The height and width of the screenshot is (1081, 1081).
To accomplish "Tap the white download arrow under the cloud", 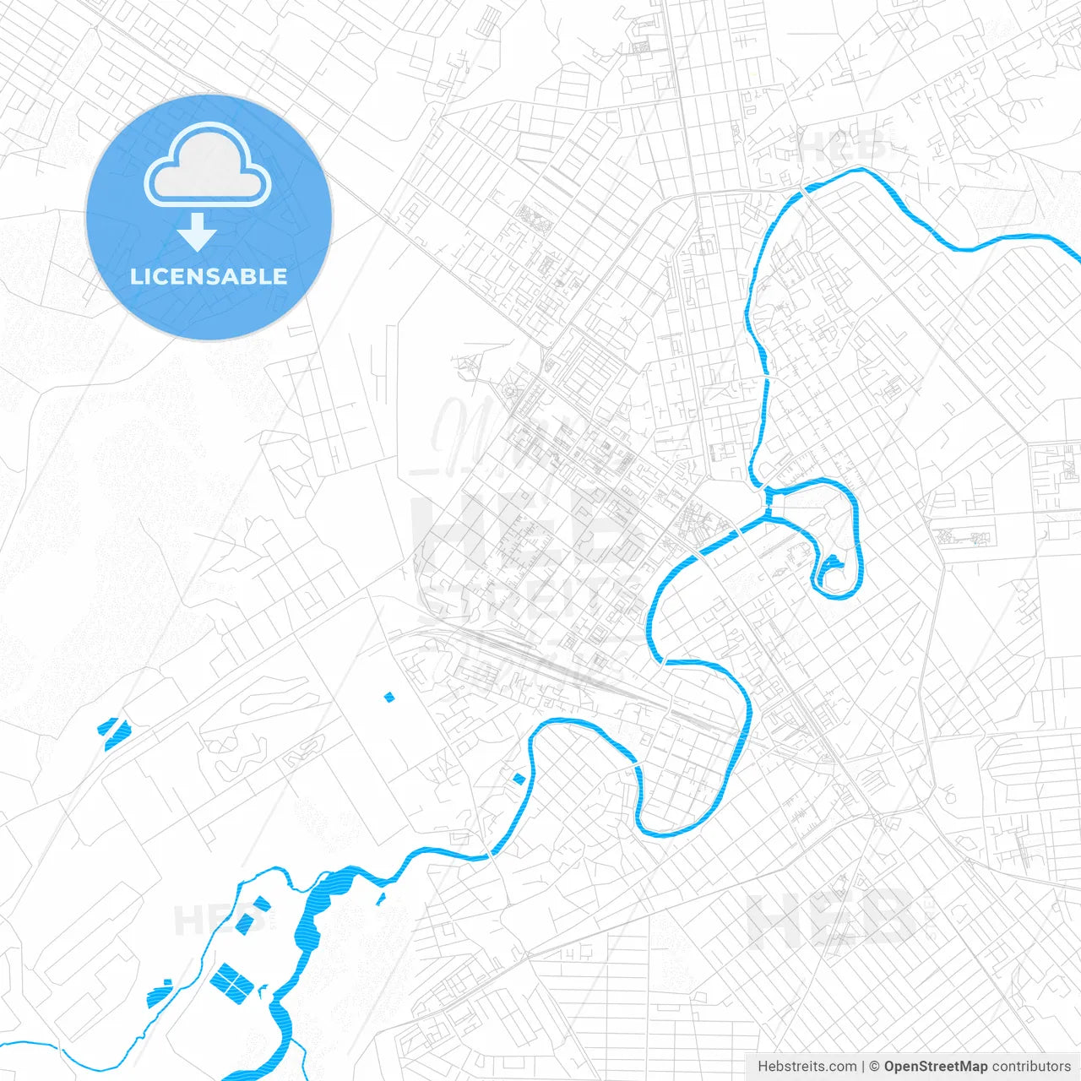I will pyautogui.click(x=197, y=232).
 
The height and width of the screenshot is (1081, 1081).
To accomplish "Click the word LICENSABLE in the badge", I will pyautogui.click(x=209, y=276).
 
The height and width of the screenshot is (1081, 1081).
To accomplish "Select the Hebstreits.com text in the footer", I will pyautogui.click(x=807, y=1067).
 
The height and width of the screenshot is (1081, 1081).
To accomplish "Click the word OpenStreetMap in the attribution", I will pyautogui.click(x=935, y=1067).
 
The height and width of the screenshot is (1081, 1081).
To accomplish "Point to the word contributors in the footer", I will pyautogui.click(x=1030, y=1067).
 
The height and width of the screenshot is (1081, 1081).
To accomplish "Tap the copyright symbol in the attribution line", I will pyautogui.click(x=875, y=1067).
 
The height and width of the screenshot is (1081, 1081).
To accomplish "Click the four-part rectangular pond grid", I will pyautogui.click(x=231, y=981).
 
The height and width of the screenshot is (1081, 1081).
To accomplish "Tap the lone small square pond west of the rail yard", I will pyautogui.click(x=389, y=697).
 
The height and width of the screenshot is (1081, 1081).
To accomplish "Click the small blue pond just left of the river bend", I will pyautogui.click(x=519, y=778).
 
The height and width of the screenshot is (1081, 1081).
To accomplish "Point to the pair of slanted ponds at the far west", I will pyautogui.click(x=112, y=731).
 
